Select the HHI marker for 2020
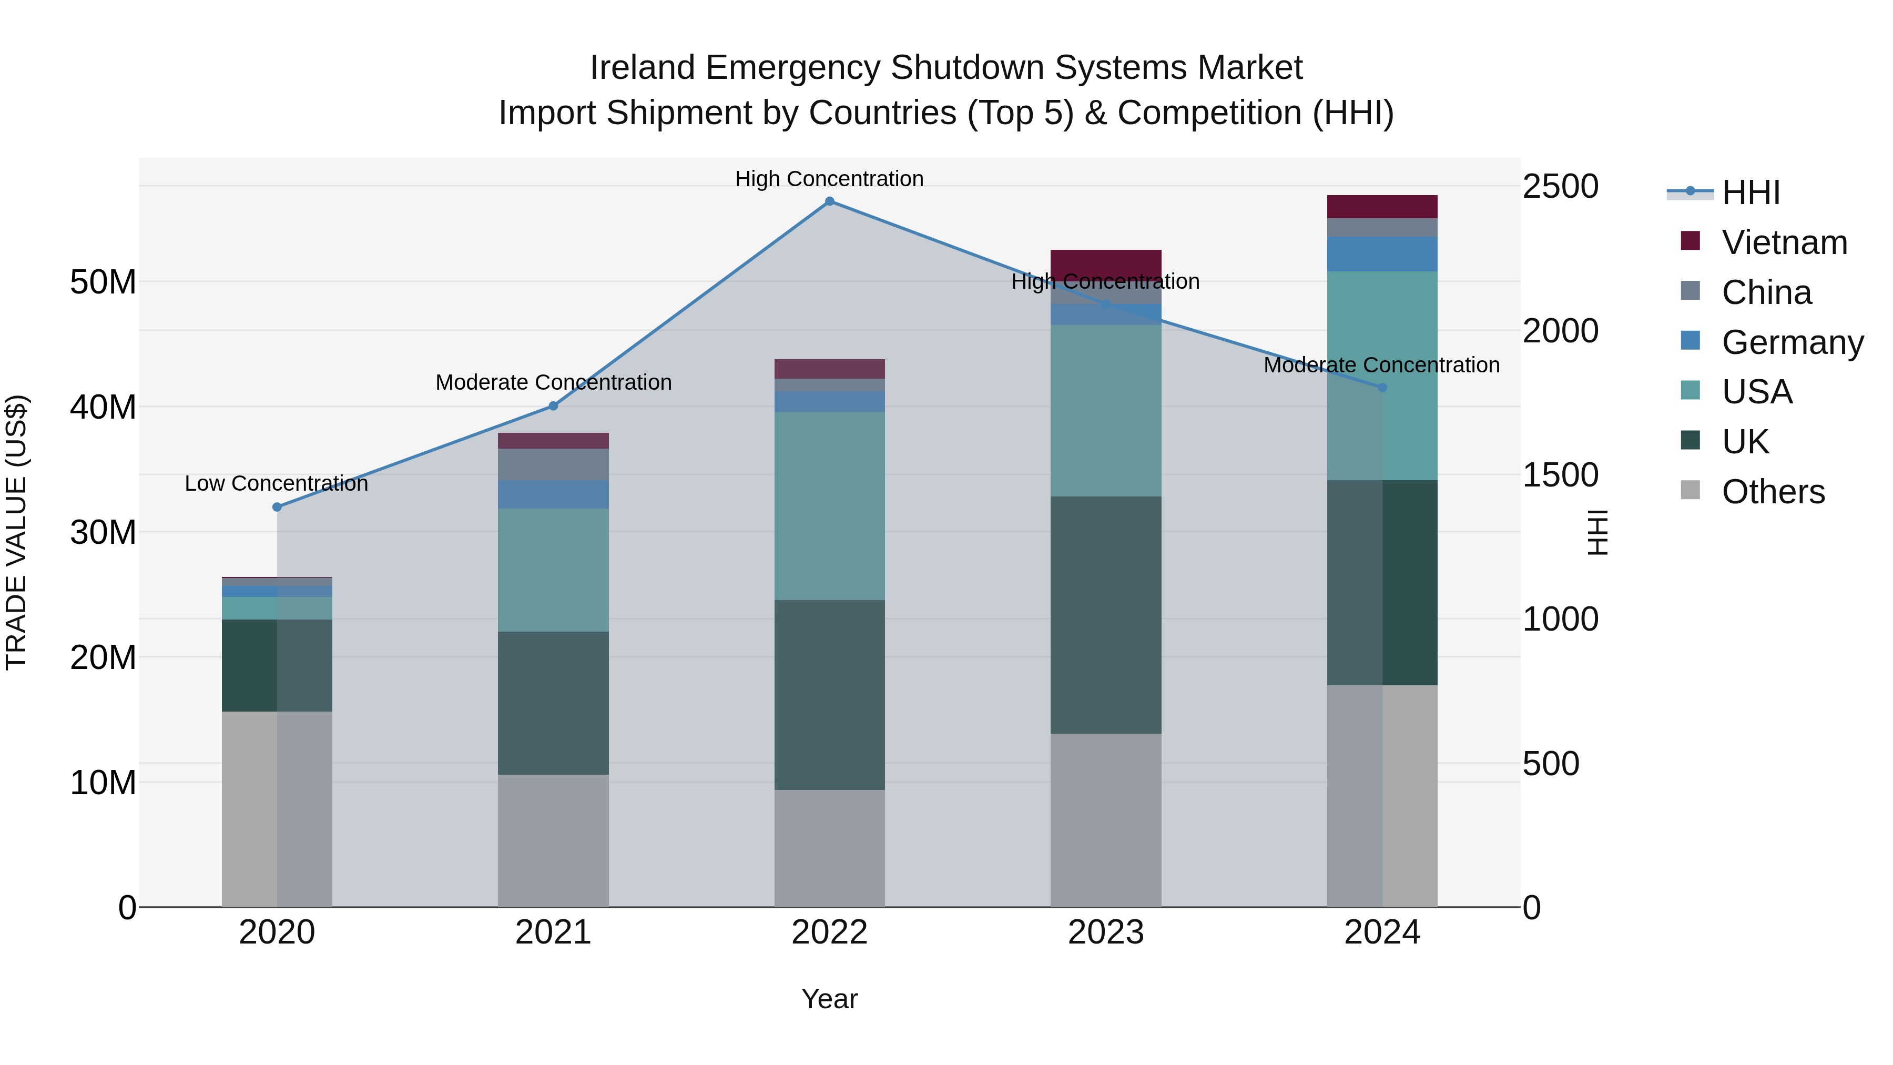pyautogui.click(x=277, y=507)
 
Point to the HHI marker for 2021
pyautogui.click(x=553, y=405)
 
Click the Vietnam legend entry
pyautogui.click(x=1784, y=242)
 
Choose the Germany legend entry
pyautogui.click(x=1792, y=342)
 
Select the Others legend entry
pyautogui.click(x=1773, y=492)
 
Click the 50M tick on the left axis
pyautogui.click(x=103, y=282)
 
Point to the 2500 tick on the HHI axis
pyautogui.click(x=1560, y=186)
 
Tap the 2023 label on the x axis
pyautogui.click(x=1105, y=932)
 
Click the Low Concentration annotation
pyautogui.click(x=276, y=484)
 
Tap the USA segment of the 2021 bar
pyautogui.click(x=553, y=570)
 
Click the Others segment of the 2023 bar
pyautogui.click(x=1105, y=819)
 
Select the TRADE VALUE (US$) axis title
pyautogui.click(x=16, y=532)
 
